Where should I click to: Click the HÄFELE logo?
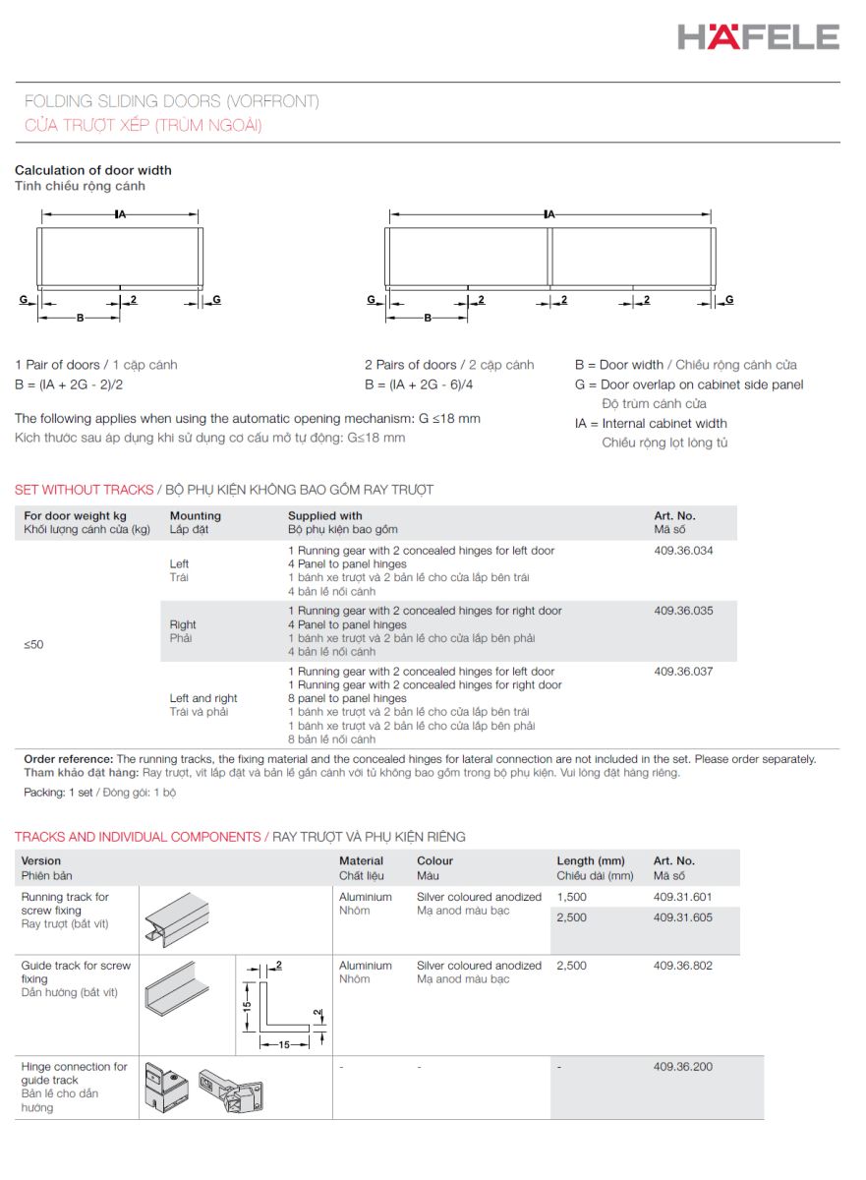(758, 36)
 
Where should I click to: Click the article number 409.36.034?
(683, 551)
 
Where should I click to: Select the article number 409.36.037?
(683, 671)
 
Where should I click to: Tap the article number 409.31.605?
(682, 917)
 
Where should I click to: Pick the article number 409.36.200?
(683, 1066)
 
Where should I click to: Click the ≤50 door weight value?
(33, 644)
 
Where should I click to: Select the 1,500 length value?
(572, 897)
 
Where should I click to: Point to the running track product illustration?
(177, 919)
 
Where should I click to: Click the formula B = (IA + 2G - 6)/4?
(419, 384)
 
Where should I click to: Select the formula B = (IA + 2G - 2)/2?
(69, 384)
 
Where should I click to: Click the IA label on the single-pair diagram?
(121, 214)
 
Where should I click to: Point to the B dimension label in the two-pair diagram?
(428, 318)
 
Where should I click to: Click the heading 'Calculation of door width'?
(93, 170)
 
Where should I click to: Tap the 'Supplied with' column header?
(324, 515)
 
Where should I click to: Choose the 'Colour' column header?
(434, 860)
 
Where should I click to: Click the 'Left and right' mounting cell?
(203, 698)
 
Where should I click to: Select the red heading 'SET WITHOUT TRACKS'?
(85, 490)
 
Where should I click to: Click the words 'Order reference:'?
(69, 759)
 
